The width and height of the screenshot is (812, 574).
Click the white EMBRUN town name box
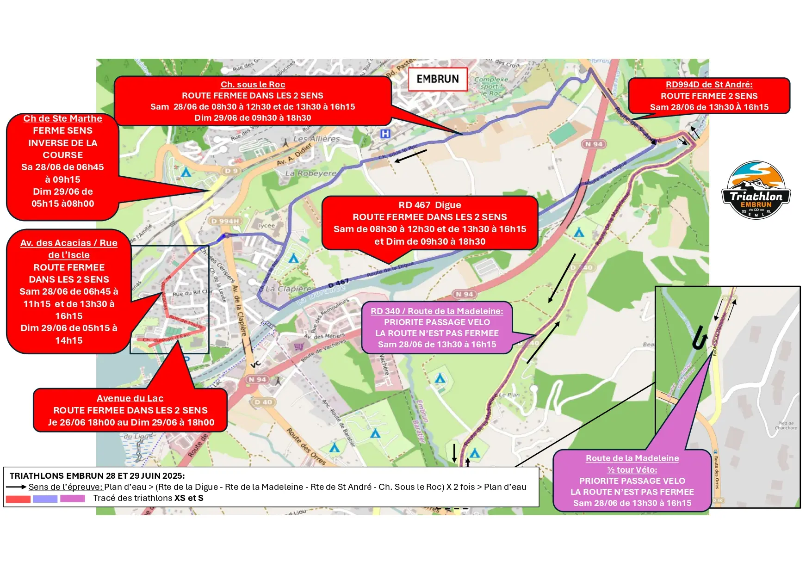[438, 79]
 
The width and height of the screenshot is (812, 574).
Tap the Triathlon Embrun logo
[756, 191]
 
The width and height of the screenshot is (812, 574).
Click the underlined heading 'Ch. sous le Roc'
[253, 85]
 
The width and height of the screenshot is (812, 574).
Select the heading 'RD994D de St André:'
[709, 85]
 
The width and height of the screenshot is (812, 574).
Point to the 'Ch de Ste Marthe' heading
[62, 119]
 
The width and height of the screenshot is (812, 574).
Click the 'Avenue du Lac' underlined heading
[130, 398]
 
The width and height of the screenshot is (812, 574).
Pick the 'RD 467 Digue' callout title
[429, 205]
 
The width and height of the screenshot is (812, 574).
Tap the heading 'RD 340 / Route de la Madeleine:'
[437, 311]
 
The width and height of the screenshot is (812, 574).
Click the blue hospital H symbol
[385, 134]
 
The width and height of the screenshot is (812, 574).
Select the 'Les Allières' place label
[316, 139]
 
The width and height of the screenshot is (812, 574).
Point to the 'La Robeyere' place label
[311, 173]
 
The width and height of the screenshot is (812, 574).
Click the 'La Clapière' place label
[288, 289]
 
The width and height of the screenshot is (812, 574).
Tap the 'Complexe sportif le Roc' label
[491, 86]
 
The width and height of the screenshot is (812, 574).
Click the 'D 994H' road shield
[225, 221]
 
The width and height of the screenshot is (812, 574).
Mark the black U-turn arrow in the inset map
[699, 338]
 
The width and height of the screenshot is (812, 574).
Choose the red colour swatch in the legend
[18, 499]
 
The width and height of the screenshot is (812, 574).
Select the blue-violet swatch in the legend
[45, 499]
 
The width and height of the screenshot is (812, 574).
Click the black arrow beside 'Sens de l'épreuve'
[16, 487]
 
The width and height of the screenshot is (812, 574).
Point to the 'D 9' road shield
[230, 171]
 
